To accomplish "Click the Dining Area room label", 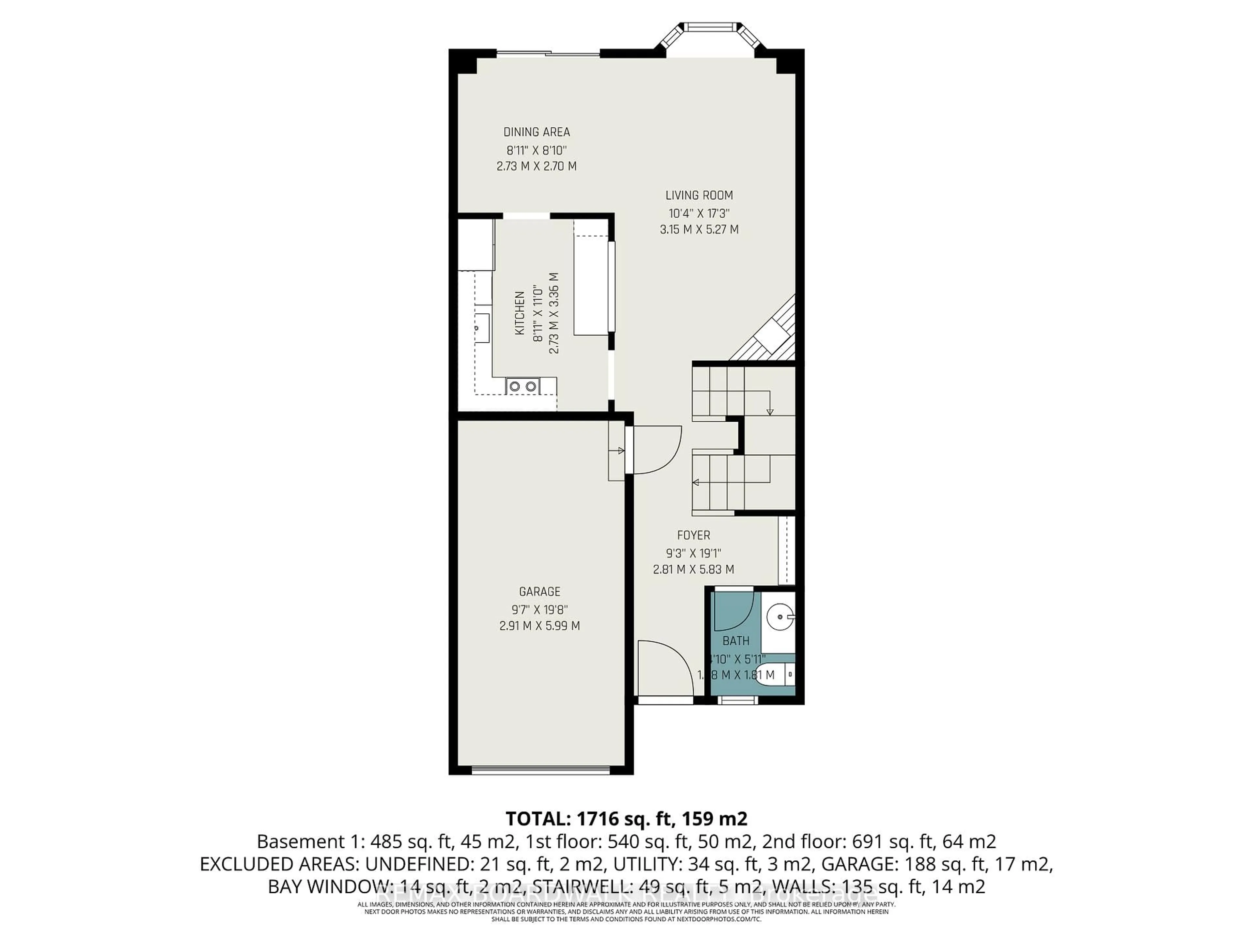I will click(536, 132).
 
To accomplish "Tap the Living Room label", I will click(699, 196).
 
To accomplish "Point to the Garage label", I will click(539, 591).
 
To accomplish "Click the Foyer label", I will click(693, 535).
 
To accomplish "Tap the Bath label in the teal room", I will click(736, 641).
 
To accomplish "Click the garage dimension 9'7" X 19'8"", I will click(539, 610).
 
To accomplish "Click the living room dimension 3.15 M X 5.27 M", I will click(699, 229).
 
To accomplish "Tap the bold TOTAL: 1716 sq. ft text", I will click(626, 819).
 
